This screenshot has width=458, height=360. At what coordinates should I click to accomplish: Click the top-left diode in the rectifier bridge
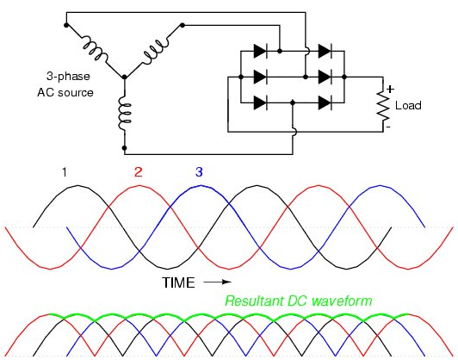(261, 51)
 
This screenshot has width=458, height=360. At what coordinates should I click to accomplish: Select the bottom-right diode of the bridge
(325, 102)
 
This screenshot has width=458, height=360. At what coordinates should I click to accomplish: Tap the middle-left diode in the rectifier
(261, 78)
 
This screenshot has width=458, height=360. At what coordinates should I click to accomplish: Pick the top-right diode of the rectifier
(325, 51)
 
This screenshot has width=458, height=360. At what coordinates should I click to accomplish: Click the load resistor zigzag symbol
(383, 105)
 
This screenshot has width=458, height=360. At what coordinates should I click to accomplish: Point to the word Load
(408, 105)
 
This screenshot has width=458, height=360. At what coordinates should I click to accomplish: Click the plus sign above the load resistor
(390, 89)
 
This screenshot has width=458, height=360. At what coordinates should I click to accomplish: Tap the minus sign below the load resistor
(388, 127)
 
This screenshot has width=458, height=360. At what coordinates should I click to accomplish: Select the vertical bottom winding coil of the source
(125, 115)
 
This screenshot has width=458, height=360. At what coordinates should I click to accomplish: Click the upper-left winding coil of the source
(95, 47)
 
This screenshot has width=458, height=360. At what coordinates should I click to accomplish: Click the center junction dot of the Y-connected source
(125, 78)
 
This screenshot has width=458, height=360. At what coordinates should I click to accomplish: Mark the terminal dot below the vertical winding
(125, 148)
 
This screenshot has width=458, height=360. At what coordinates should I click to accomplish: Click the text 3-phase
(68, 77)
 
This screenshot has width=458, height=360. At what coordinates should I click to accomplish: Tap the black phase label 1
(65, 172)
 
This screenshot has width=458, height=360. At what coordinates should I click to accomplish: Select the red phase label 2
(138, 172)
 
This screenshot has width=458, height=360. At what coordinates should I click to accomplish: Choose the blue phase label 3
(199, 172)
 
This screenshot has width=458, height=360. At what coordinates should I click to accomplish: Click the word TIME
(178, 282)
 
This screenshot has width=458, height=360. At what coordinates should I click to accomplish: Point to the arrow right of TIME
(218, 282)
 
